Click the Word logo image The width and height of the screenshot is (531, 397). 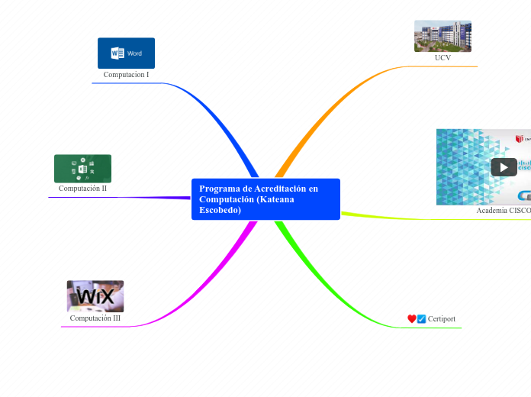tap(126, 53)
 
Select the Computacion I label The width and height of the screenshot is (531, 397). tap(126, 75)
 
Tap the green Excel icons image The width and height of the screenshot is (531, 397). tap(82, 169)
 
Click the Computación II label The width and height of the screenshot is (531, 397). tap(82, 188)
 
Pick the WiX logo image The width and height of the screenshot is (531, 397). tap(95, 295)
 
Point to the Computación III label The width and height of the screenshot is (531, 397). tap(95, 318)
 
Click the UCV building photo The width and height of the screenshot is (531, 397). tap(443, 36)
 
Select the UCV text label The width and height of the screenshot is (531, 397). tap(443, 58)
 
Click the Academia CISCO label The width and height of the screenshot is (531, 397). tap(503, 210)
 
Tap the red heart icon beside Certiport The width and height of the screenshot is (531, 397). tap(412, 319)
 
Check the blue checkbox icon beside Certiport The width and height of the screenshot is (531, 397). tap(421, 319)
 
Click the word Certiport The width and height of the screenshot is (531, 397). tap(442, 319)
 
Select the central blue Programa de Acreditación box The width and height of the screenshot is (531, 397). tap(265, 199)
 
